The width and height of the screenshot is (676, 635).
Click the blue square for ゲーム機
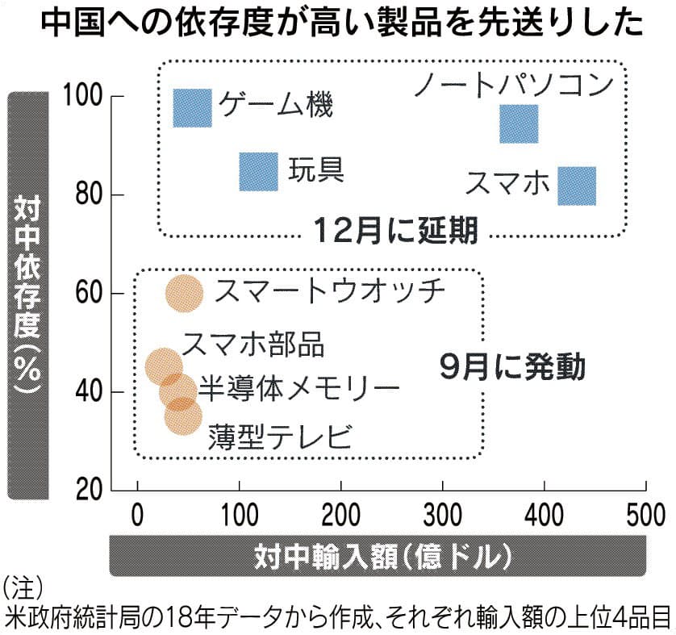(x=192, y=108)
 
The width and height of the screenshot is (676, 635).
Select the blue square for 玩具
(x=259, y=171)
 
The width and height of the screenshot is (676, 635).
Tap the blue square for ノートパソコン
(x=519, y=123)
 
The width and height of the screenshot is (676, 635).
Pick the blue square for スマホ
(x=578, y=186)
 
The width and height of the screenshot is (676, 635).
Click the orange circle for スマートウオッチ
(x=185, y=293)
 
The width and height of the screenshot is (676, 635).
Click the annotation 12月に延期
(x=394, y=232)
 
